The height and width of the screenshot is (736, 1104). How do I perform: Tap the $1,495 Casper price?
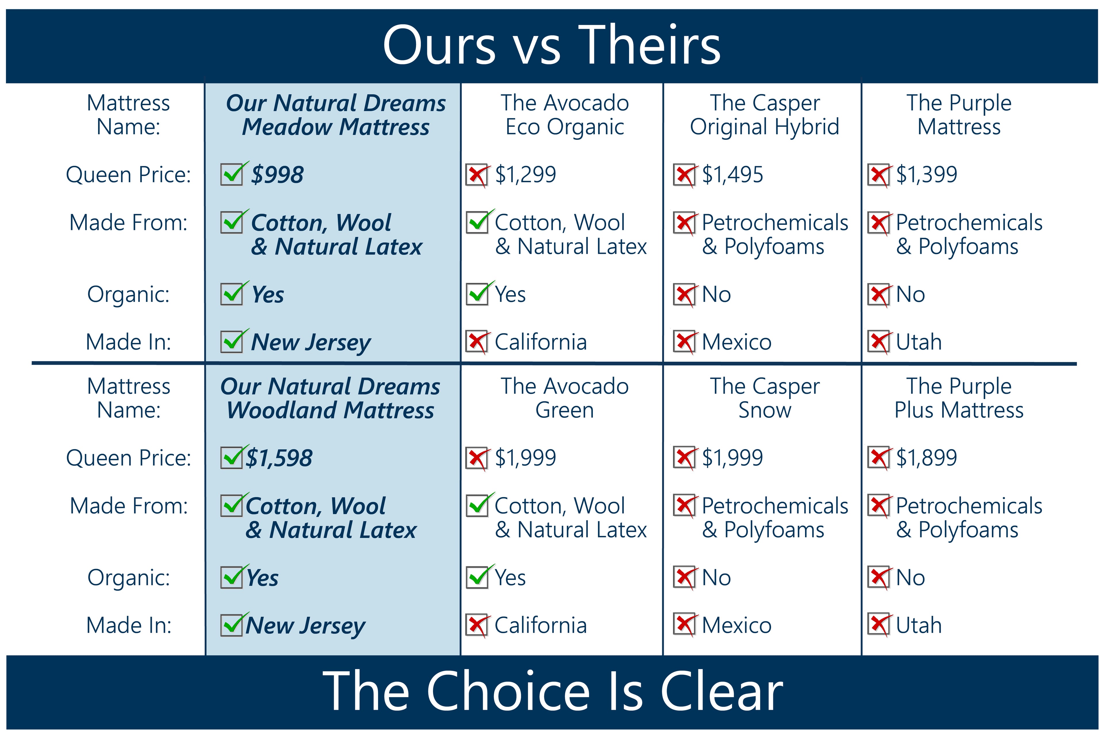732,175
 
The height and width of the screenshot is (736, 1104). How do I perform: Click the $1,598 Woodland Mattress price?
279,458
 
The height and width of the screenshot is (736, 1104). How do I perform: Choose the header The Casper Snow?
765,398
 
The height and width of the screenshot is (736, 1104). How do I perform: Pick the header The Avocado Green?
565,398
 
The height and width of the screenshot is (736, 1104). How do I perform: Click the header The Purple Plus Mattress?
959,398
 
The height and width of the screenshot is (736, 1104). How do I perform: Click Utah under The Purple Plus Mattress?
919,625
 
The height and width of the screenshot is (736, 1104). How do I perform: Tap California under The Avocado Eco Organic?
541,342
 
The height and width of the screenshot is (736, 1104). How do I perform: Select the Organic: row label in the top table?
128,295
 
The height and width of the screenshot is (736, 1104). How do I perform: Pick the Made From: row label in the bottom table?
129,506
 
